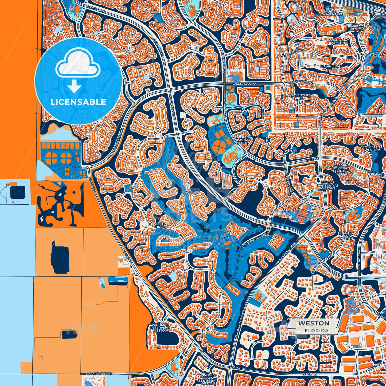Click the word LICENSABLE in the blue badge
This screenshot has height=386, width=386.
[x=78, y=102]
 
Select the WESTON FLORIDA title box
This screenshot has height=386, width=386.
[x=314, y=326]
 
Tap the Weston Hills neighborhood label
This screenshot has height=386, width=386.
[x=160, y=225]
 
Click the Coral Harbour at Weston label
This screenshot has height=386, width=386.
[x=328, y=185]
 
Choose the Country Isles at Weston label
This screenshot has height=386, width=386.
[x=346, y=236]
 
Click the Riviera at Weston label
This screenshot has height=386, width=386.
[x=356, y=28]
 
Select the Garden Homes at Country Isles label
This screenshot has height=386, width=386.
[x=341, y=169]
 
